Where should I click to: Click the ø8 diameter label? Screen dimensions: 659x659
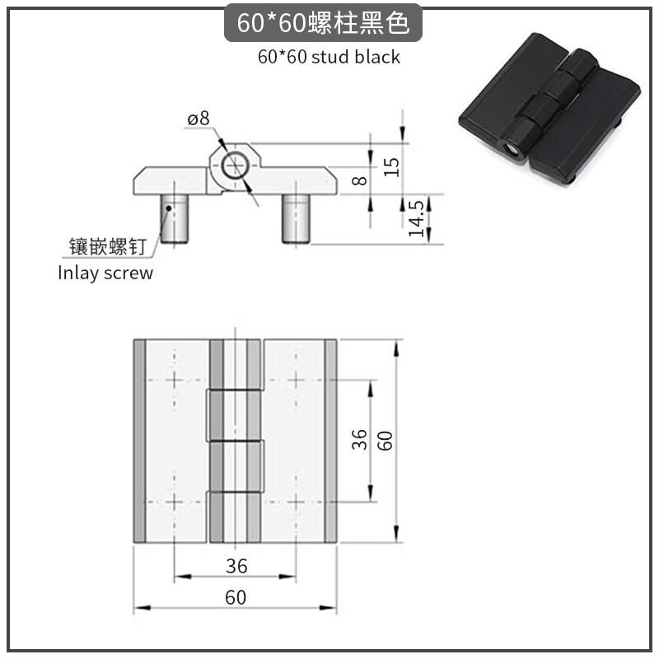(x=199, y=119)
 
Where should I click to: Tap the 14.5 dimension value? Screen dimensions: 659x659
(x=416, y=218)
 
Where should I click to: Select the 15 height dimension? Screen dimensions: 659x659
(x=391, y=167)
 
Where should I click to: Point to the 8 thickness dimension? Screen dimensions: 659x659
(x=359, y=180)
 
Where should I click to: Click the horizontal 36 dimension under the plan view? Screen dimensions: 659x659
(x=236, y=566)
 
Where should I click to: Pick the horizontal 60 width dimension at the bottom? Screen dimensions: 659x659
(x=236, y=597)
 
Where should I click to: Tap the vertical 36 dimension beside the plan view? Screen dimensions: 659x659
(x=359, y=440)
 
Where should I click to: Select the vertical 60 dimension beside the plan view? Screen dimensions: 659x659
(x=385, y=441)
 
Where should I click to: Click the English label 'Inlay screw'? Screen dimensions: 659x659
(x=105, y=273)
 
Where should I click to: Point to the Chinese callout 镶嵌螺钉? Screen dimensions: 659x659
(x=108, y=246)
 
